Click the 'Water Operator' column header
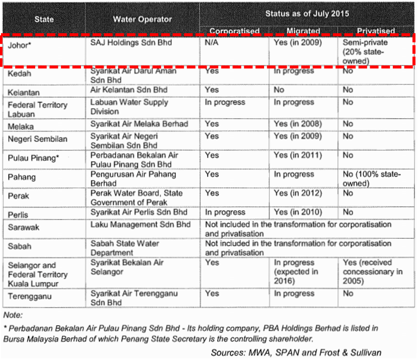(142, 20)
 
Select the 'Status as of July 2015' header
(307, 13)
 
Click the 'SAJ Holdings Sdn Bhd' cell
(131, 43)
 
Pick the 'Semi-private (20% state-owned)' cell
(365, 52)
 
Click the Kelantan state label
(23, 93)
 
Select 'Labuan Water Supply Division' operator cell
(130, 107)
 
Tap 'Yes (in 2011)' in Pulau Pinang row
(297, 156)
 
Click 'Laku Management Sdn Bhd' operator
(140, 225)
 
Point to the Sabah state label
(19, 246)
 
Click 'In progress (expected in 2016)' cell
(296, 272)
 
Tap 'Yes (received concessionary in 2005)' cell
(373, 272)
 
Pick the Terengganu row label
(30, 297)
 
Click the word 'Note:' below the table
(13, 315)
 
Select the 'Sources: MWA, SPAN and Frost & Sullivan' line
(296, 352)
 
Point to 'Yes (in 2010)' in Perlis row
(297, 212)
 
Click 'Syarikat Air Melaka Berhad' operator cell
(139, 124)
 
